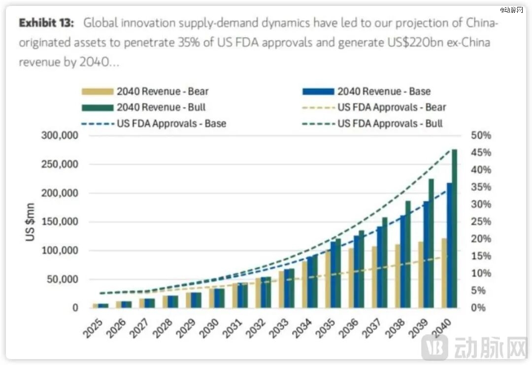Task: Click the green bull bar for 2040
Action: tap(454, 229)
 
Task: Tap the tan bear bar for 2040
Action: tap(444, 274)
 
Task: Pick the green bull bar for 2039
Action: tap(431, 243)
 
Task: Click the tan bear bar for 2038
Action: tap(398, 276)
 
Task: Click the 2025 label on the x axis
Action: tap(94, 328)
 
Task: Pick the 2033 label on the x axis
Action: tap(280, 328)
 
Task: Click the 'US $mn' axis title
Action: tap(30, 221)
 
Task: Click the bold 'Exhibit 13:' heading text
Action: tap(47, 23)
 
